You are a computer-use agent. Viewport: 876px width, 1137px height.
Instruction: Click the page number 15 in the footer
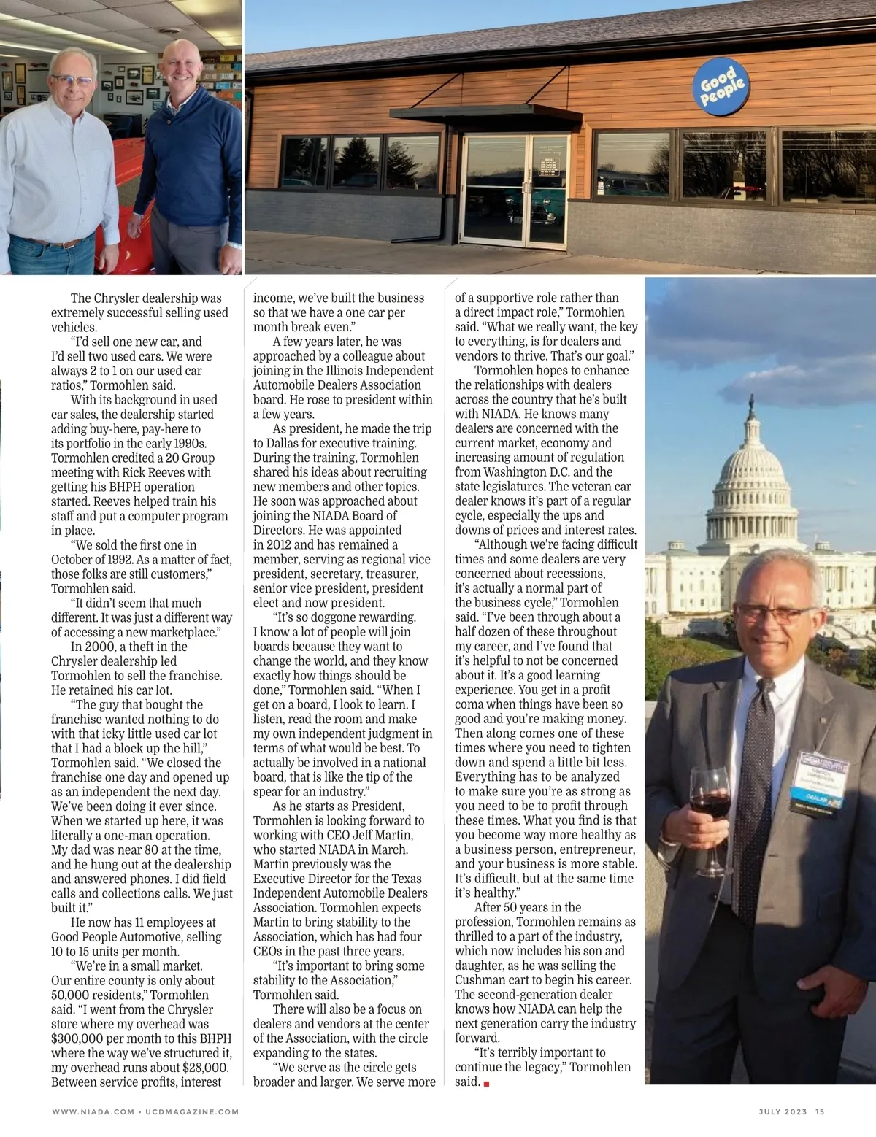820,1111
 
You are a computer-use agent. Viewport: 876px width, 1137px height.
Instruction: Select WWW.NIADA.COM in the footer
93,1111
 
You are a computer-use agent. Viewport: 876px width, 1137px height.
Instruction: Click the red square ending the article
486,1084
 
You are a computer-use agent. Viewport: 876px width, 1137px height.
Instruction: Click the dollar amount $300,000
80,1038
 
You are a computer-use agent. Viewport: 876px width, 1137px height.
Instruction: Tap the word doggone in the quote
338,617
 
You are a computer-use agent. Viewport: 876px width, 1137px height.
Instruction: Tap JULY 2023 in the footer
783,1111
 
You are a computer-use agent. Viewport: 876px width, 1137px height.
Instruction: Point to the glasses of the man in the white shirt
71,80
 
